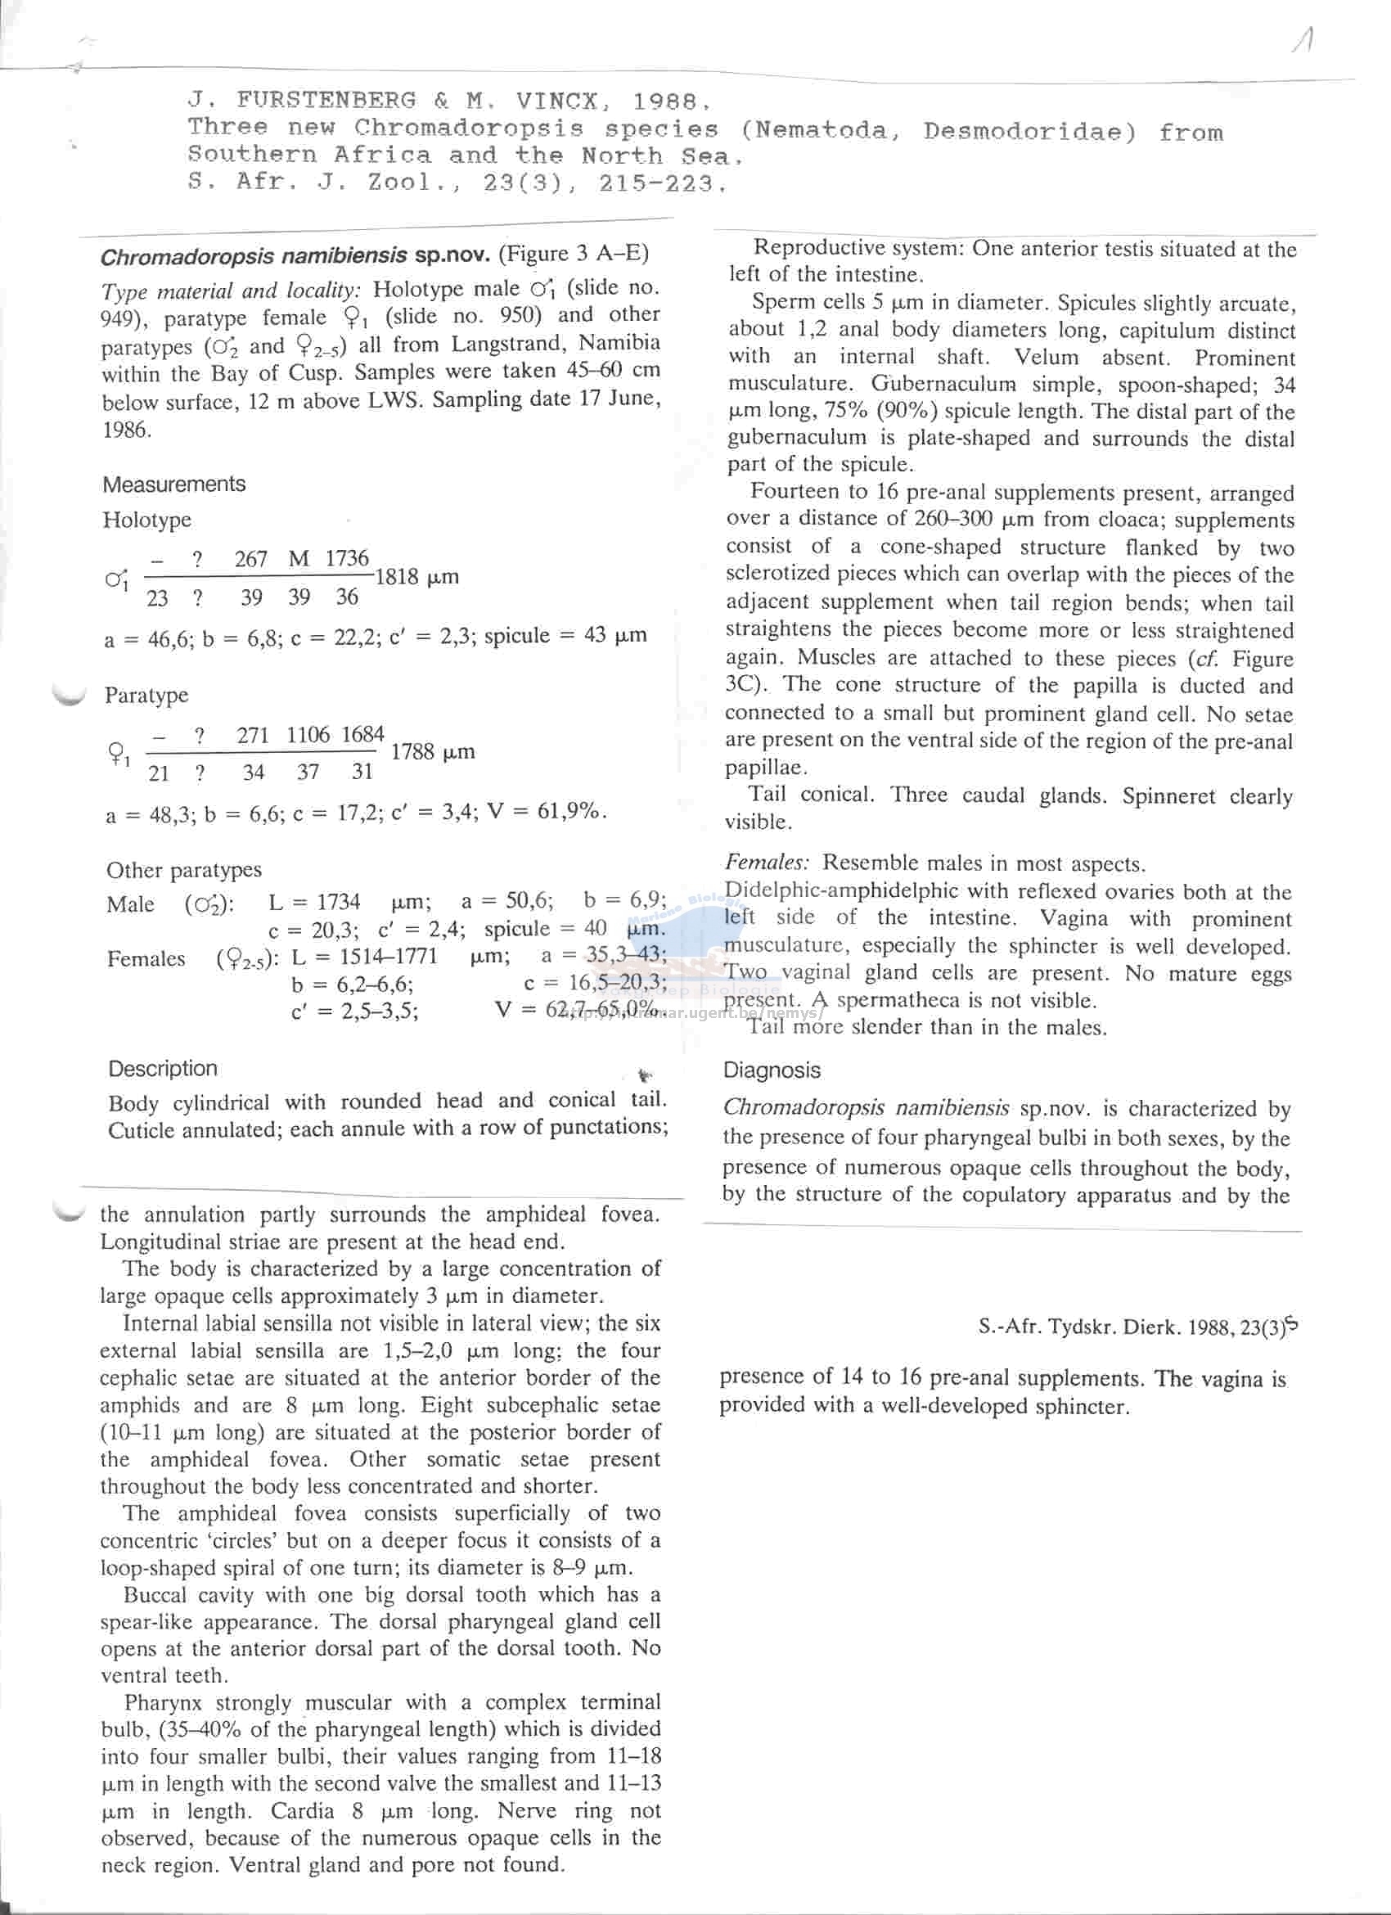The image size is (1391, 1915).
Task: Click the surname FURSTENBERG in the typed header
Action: click(x=326, y=101)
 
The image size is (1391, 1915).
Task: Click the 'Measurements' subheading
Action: click(x=173, y=484)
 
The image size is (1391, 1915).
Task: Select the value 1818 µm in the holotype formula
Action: click(x=416, y=578)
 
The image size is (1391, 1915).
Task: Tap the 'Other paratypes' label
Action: click(x=184, y=871)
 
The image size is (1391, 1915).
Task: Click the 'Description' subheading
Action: click(x=163, y=1069)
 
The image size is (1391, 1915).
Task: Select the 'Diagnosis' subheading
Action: click(x=772, y=1070)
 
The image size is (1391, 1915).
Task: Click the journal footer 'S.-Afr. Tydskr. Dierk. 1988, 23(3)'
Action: click(x=1130, y=1327)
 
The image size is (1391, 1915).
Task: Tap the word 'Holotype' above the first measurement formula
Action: click(x=146, y=520)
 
